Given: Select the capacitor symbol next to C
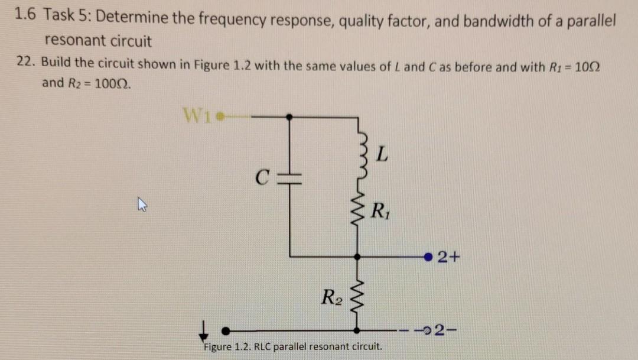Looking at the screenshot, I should coord(289,177).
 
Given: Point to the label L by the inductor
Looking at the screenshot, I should coord(382,156).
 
